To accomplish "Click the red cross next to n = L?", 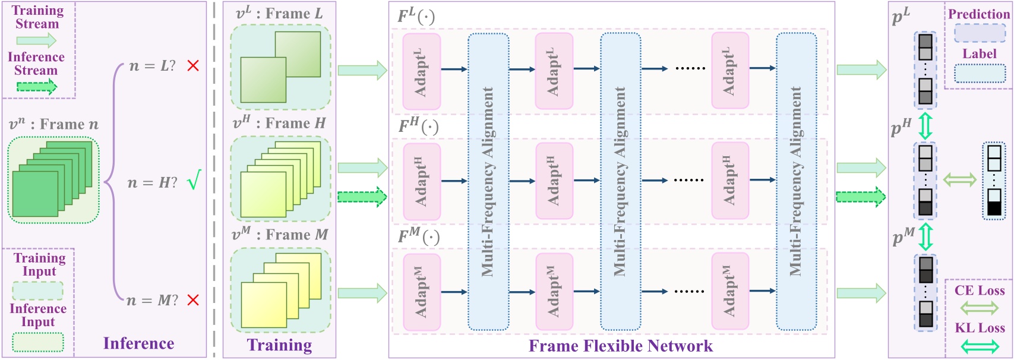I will [x=192, y=65].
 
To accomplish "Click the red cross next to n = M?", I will [x=192, y=300].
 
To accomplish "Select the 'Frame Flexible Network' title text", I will [x=620, y=346].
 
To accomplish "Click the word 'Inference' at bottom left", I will [x=138, y=343].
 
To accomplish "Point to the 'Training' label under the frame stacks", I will [x=279, y=345].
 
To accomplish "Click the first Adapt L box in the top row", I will [x=421, y=71].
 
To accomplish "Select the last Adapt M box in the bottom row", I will [x=729, y=291].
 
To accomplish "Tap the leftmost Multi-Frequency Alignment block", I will [x=488, y=181].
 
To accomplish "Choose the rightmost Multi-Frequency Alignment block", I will [x=796, y=181].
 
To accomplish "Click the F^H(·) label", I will [x=418, y=127].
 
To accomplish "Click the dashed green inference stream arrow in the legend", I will [x=36, y=87].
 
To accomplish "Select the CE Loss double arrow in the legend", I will [x=979, y=307].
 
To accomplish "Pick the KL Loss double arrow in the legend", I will [x=979, y=346].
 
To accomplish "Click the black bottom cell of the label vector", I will [x=994, y=209].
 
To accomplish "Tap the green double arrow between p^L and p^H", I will [x=925, y=125].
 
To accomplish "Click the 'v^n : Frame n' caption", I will [x=53, y=125].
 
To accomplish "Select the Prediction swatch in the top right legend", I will [x=979, y=33].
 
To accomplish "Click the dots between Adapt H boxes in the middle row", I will [x=689, y=180].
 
